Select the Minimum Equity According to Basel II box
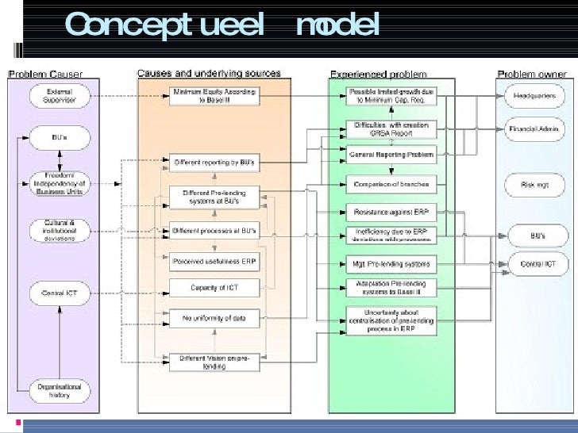[214, 97]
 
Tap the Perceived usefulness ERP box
[214, 260]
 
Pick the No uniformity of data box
[214, 320]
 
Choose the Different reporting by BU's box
[214, 163]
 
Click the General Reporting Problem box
[391, 155]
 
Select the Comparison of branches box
[391, 184]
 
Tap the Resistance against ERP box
[391, 213]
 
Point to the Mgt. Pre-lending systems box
[391, 263]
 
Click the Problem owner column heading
[532, 75]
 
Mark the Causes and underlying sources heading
[208, 73]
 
